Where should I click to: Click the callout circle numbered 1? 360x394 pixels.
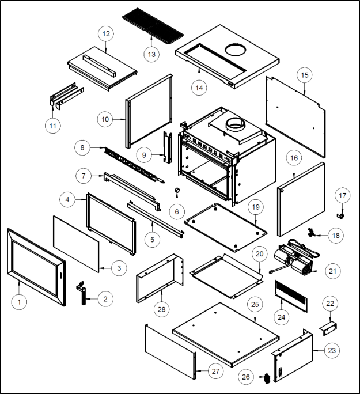point(19,301)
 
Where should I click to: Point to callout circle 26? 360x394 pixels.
point(246,377)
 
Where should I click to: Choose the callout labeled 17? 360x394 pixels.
point(343,196)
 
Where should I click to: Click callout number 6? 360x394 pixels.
point(177,211)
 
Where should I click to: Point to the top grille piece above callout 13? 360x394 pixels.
point(153,25)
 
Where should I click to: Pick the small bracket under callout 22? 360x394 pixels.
point(328,326)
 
